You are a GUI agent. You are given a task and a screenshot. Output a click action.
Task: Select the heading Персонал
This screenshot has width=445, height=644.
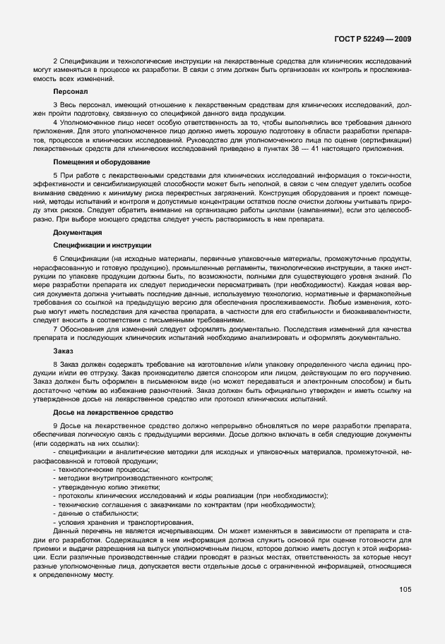[x=70, y=92]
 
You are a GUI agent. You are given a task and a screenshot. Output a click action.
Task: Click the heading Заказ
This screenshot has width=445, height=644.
[x=64, y=350]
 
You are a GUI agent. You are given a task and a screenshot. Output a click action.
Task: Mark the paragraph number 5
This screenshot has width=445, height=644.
[x=55, y=176]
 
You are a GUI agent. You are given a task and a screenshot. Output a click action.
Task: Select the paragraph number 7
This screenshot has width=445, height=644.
[x=55, y=328]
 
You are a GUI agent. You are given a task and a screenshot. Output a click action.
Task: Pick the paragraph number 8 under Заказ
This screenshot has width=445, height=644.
[x=55, y=363]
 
